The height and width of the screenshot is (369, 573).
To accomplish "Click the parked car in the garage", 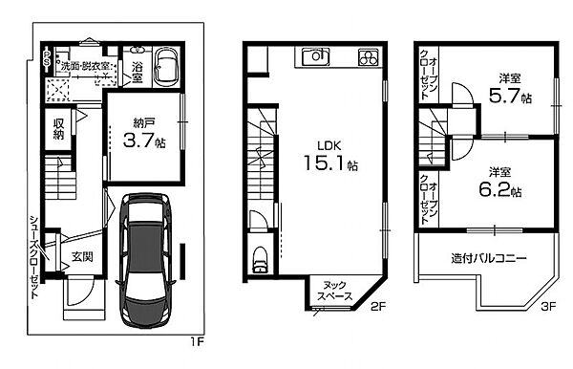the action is (x=146, y=261).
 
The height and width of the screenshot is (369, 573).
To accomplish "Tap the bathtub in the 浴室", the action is (x=166, y=67).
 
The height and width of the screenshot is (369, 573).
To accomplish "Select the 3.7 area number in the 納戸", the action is (x=138, y=140).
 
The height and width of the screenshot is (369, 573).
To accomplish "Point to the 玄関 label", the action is (x=82, y=257).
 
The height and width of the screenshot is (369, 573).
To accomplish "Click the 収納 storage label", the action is (x=58, y=129).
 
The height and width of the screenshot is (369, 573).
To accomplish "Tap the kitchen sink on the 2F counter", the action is (x=316, y=56).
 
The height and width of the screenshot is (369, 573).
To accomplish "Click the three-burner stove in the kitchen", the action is (x=368, y=57).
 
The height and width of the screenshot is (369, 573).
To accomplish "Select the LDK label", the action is (x=329, y=146).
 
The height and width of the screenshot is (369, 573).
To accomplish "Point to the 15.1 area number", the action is (x=324, y=163).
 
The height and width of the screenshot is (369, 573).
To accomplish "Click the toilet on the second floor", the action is (x=260, y=259).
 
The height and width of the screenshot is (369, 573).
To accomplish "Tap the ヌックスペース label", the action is (x=335, y=291).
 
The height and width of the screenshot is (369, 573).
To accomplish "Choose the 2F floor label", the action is (x=378, y=306).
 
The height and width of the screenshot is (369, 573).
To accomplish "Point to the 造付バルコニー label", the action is (x=489, y=258).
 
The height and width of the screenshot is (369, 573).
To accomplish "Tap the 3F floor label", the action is (x=548, y=306).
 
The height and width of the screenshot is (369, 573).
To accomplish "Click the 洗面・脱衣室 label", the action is (x=85, y=66).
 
